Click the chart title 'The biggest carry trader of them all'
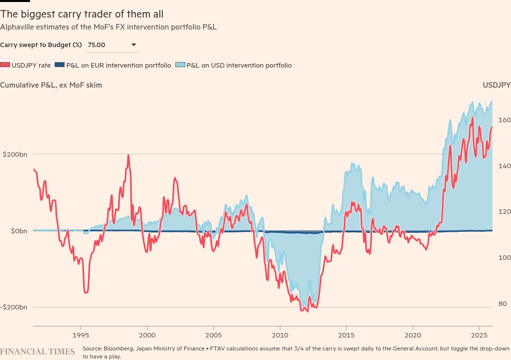[82, 14]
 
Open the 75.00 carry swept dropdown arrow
[134, 45]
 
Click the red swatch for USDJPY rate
[5, 65]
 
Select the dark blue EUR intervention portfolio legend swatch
[60, 65]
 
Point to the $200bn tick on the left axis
[15, 154]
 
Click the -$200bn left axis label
[14, 307]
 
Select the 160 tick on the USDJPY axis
[504, 120]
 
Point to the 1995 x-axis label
[81, 334]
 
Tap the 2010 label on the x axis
[280, 334]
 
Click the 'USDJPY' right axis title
[496, 85]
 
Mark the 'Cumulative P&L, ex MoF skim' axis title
[51, 85]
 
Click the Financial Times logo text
[38, 351]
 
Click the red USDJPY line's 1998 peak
[128, 155]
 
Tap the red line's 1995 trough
[86, 292]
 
